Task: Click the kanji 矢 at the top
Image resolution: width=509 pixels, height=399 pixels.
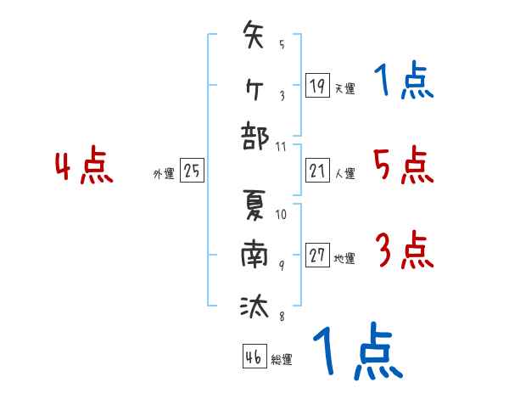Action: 255,38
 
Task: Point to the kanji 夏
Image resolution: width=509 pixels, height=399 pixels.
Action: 255,208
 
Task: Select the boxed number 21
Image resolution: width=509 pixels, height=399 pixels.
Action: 317,171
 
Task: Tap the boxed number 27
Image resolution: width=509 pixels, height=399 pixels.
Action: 317,256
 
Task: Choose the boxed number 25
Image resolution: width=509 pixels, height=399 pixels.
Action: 192,171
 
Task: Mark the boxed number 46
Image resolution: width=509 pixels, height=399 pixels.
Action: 254,357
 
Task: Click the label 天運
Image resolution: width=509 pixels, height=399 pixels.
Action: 344,87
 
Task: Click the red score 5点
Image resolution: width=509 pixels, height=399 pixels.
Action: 403,164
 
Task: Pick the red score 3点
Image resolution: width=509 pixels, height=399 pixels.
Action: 403,250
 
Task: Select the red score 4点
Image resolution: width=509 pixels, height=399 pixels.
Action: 84,166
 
